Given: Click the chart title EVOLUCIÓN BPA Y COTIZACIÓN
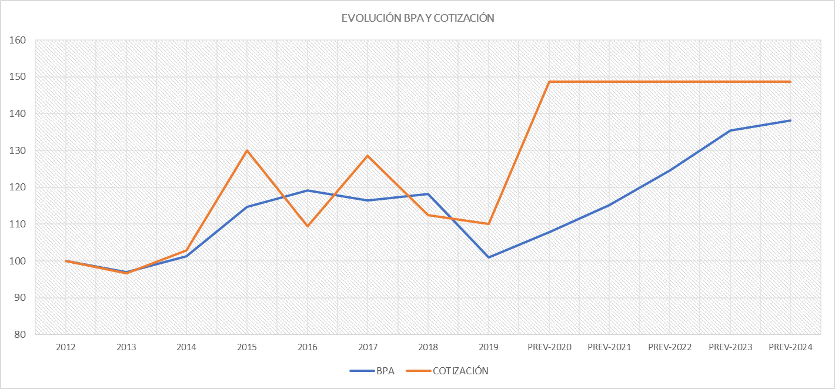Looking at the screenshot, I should pos(417,18).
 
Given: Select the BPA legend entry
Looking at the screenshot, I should pos(385,371).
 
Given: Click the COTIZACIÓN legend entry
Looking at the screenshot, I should pos(460,371).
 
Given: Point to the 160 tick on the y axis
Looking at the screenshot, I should pos(18,41).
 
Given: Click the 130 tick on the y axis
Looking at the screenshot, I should pos(18,150).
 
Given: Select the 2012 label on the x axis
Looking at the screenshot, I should pos(66,347).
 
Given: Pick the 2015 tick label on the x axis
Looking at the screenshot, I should pos(247,347).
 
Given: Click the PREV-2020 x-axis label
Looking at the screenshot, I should pos(549,347).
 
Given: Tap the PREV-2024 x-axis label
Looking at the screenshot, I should pos(790,347).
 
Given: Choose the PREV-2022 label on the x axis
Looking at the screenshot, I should pos(670,347).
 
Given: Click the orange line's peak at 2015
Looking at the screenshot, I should pos(247,150).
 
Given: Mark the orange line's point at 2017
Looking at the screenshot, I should pos(368,156).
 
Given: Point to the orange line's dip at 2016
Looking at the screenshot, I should pos(308,226).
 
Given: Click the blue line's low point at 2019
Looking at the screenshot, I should pos(489,257).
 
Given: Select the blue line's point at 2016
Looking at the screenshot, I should pos(308,190).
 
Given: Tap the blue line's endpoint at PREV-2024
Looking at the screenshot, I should pos(790,120).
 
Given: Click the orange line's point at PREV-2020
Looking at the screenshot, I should pos(549,82).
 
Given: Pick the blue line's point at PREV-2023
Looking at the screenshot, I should pos(730,130).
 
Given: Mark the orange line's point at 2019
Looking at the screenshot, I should pos(489,224).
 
